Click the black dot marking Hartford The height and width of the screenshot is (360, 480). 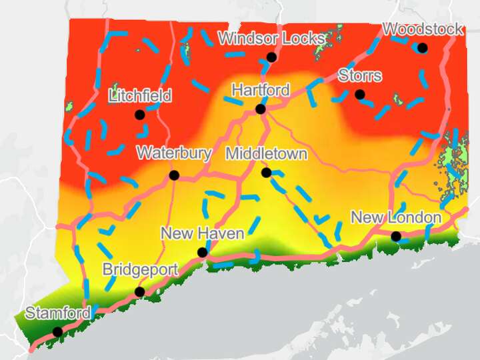pos(260,109)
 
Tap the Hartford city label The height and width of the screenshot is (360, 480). pos(260,90)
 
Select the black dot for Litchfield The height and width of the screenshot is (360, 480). pos(139,115)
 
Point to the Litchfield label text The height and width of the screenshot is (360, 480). pos(139,96)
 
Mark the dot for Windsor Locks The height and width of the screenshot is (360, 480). pos(271,57)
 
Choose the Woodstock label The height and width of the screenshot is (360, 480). pos(423,29)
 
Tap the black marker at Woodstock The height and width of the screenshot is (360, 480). pos(422,47)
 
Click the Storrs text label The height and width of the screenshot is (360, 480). pos(360,75)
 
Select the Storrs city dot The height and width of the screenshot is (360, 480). pos(360,95)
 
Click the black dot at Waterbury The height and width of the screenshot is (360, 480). pos(174,175)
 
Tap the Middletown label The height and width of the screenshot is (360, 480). pos(266,154)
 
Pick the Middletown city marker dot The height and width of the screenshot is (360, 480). pos(266,173)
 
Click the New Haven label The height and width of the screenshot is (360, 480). pos(202,233)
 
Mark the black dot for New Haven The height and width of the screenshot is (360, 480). pos(202,252)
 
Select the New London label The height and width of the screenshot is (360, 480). pos(396,217)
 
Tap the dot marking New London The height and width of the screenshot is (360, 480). pos(396,236)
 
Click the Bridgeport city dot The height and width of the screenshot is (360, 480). pos(139,292)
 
